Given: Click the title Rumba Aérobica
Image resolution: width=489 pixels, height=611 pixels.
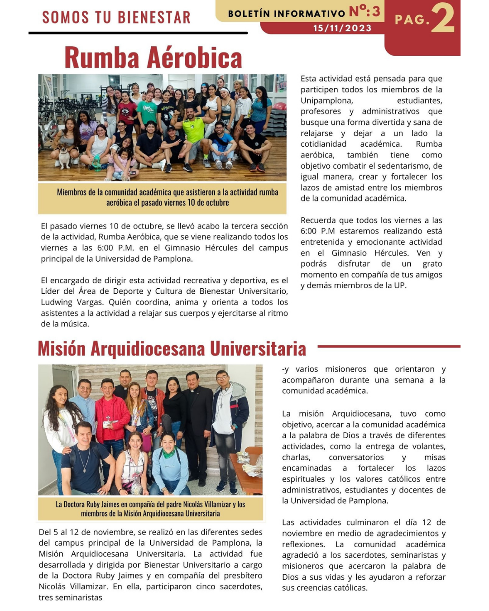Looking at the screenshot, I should point(153,57).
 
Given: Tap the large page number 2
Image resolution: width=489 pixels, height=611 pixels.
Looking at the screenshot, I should point(442,19).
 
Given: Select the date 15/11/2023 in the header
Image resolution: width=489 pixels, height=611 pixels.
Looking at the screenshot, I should point(342,28).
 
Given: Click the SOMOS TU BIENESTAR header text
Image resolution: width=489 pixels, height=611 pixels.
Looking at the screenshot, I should point(116,17).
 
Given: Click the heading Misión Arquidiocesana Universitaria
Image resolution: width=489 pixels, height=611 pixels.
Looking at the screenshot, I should point(172,349).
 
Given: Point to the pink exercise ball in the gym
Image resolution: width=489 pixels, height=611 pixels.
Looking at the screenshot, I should point(279,106).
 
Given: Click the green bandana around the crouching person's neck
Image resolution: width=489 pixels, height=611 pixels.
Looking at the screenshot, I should point(168,452).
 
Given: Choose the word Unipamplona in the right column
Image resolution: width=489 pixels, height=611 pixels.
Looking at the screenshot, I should point(326,100).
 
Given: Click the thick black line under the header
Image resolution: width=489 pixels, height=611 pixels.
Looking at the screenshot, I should point(138,33).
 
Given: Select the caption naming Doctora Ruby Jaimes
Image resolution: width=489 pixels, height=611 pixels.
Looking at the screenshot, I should point(150,509).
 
